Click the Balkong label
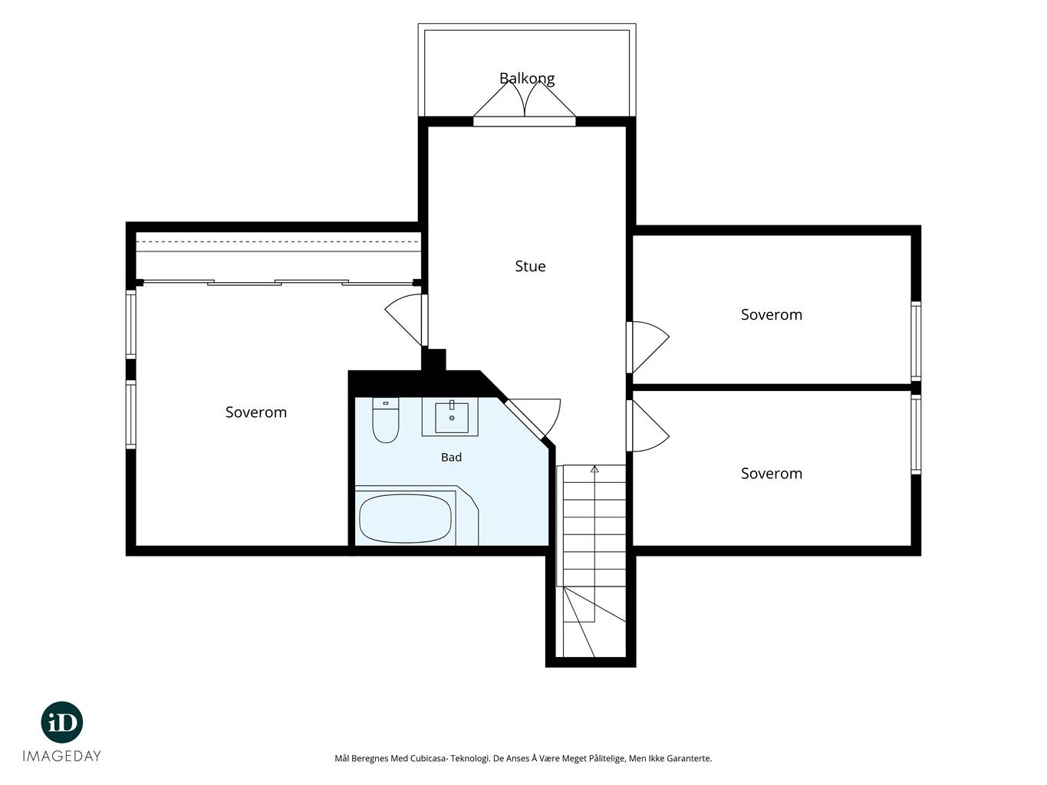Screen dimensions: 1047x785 (x=527, y=79)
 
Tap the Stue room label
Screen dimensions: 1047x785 (x=530, y=266)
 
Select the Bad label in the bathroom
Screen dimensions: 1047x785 (x=451, y=458)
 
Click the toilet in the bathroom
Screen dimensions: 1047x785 (x=385, y=420)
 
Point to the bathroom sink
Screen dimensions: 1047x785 (x=451, y=416)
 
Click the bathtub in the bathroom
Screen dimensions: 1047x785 (x=405, y=518)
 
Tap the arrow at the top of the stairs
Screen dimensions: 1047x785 (x=594, y=469)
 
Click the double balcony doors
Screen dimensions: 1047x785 (x=525, y=103)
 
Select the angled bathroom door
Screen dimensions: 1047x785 (x=532, y=418)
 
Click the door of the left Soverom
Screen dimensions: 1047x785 (x=407, y=320)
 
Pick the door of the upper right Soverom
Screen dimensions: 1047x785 (x=647, y=347)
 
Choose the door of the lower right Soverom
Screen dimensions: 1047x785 (x=647, y=425)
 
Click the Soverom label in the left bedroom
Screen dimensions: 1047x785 (x=256, y=412)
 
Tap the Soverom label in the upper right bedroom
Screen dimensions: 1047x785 (x=772, y=314)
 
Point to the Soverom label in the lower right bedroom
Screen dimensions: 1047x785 (x=772, y=473)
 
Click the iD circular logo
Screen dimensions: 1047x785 (x=61, y=722)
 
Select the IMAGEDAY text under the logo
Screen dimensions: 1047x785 (x=61, y=757)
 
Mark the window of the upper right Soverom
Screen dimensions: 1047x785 (x=916, y=341)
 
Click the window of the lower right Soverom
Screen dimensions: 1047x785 (x=916, y=434)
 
